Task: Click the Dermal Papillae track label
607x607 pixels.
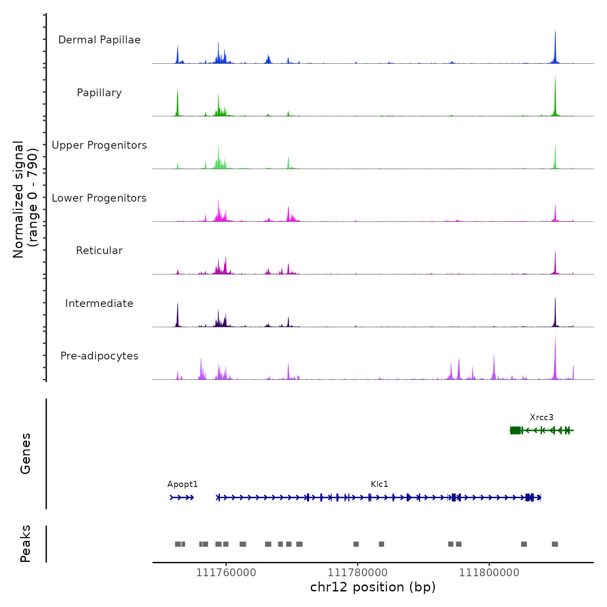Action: tap(99, 40)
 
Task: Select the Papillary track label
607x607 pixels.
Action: tap(99, 93)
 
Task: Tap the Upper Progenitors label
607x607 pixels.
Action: tap(99, 145)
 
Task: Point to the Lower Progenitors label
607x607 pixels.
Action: tap(99, 198)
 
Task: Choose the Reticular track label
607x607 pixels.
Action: tap(99, 251)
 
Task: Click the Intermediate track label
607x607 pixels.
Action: tap(99, 303)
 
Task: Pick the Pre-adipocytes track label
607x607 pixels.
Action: tap(99, 356)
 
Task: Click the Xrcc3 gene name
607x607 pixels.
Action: tap(542, 418)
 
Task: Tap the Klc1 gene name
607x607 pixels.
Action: tap(379, 484)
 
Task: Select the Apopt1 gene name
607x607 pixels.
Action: tap(183, 484)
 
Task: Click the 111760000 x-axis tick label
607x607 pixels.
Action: tap(226, 573)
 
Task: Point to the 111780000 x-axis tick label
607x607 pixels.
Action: tap(358, 573)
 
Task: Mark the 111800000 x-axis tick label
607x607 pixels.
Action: tap(489, 573)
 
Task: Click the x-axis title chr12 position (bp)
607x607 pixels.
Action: tap(373, 587)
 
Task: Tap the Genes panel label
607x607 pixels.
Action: tap(26, 454)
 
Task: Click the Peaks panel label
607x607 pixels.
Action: tap(26, 544)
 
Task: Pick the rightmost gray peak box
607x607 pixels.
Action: tap(555, 544)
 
